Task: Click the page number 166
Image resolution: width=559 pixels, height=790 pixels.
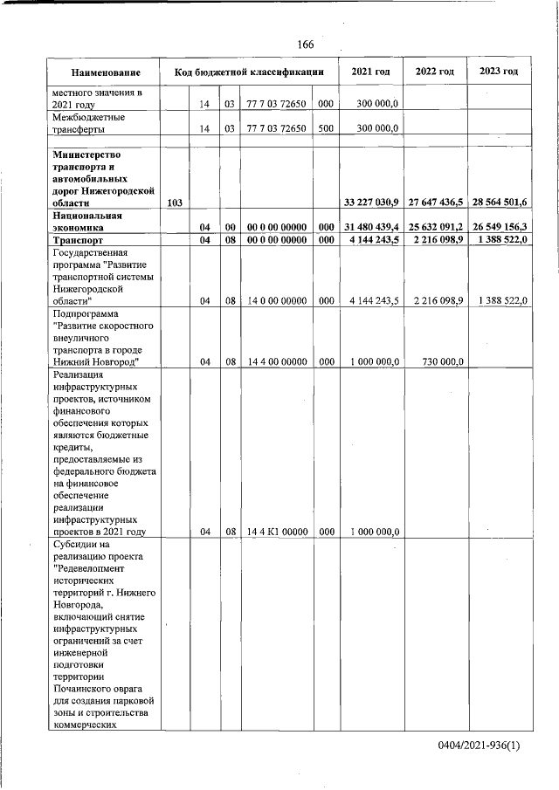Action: click(305, 45)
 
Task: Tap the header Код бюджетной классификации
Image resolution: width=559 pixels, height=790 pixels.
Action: click(250, 72)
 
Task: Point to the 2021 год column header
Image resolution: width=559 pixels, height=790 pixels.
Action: click(370, 72)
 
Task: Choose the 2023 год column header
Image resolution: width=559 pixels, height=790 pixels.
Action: click(498, 72)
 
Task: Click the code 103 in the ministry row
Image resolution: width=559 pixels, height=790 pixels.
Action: click(174, 203)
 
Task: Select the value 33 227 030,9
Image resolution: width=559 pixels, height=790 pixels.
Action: click(371, 203)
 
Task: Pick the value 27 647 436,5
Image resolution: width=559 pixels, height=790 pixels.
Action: click(435, 203)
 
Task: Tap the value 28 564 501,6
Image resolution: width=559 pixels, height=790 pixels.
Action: click(498, 203)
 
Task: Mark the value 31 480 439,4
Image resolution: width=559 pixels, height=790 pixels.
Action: click(371, 225)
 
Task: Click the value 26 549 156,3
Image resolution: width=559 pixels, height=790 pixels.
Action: click(498, 225)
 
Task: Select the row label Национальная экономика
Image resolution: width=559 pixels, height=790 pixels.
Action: click(86, 219)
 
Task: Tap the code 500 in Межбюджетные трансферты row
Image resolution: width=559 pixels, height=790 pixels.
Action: click(326, 128)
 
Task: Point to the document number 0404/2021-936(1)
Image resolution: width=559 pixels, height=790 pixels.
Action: click(479, 746)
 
